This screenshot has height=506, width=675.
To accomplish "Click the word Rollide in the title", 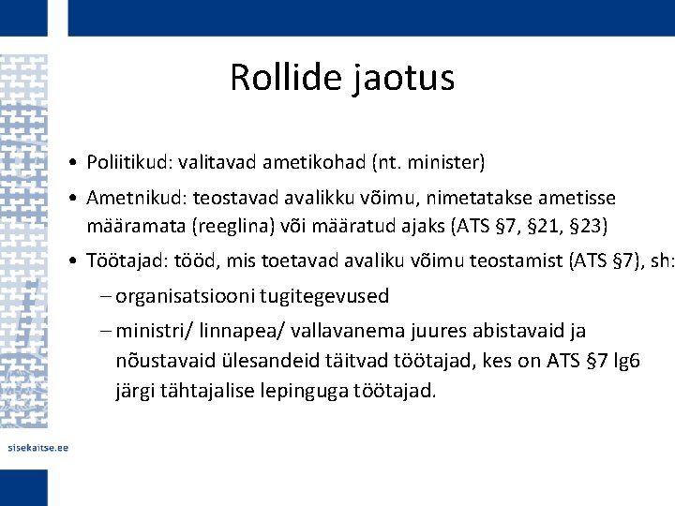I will point(287,78).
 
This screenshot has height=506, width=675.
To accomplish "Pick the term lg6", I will point(623,361).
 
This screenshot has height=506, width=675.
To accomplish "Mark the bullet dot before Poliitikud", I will point(73,164).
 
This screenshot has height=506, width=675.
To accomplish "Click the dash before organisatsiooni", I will point(104,296).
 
